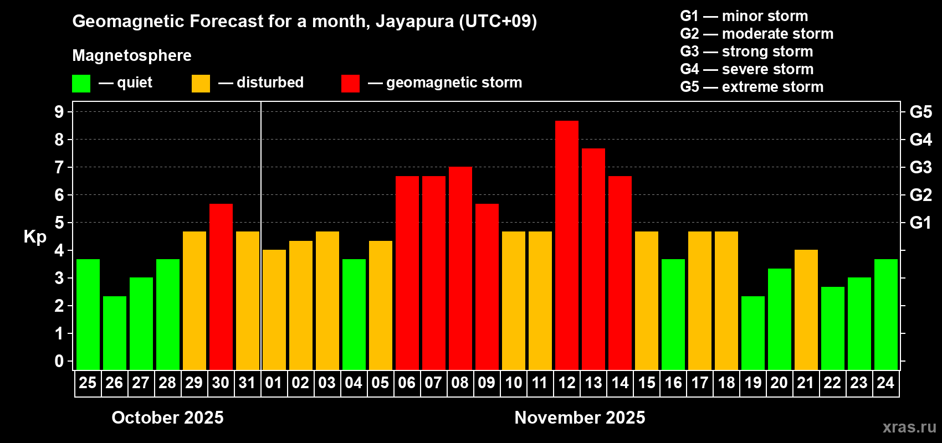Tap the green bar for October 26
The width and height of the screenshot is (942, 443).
point(115,333)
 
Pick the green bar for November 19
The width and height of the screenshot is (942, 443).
point(753,333)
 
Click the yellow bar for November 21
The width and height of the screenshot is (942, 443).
point(806,310)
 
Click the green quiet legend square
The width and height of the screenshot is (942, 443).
point(81,84)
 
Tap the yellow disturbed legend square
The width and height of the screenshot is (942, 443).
point(201,84)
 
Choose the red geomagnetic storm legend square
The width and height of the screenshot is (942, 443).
point(350,84)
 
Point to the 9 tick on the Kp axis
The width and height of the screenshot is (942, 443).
point(59,112)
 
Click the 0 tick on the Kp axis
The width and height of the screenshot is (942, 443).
point(59,362)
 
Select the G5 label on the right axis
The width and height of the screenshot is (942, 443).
point(920,112)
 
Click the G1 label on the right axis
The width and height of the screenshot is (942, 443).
point(920,223)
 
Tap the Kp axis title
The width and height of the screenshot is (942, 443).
point(35,236)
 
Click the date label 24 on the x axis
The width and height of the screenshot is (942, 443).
point(885,383)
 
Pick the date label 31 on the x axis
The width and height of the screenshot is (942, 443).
point(247,383)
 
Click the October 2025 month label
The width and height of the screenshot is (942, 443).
point(167,418)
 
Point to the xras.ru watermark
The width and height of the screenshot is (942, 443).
point(909,427)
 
